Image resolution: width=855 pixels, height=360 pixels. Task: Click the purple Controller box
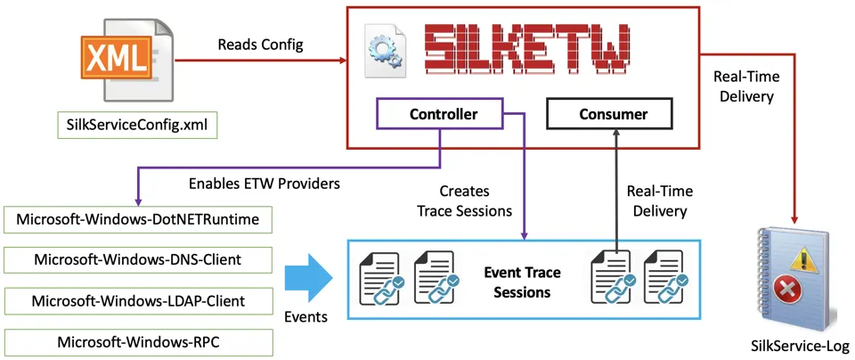tap(444, 114)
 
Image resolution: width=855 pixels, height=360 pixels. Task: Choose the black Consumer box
tap(608, 114)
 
